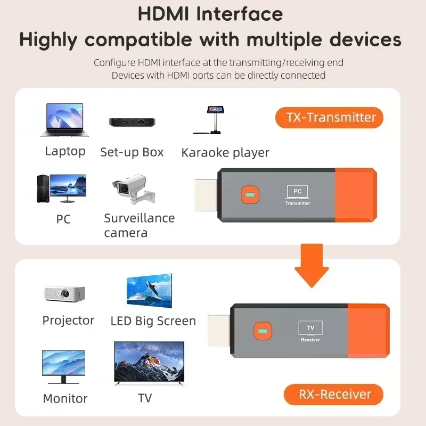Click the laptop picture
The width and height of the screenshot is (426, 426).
(x=65, y=120)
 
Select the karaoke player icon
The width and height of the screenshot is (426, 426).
(x=215, y=120)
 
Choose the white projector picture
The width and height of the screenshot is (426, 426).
(x=64, y=293)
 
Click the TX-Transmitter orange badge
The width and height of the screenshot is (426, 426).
(x=329, y=118)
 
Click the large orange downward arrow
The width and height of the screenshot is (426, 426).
(x=312, y=264)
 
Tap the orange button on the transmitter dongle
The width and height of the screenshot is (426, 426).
(x=249, y=195)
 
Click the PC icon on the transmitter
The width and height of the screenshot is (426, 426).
(x=298, y=191)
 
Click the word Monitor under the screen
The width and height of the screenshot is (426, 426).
(x=65, y=398)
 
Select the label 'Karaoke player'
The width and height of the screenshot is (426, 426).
(x=225, y=153)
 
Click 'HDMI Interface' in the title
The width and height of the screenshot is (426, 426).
(x=210, y=14)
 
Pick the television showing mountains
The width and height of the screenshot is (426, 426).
(x=149, y=363)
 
